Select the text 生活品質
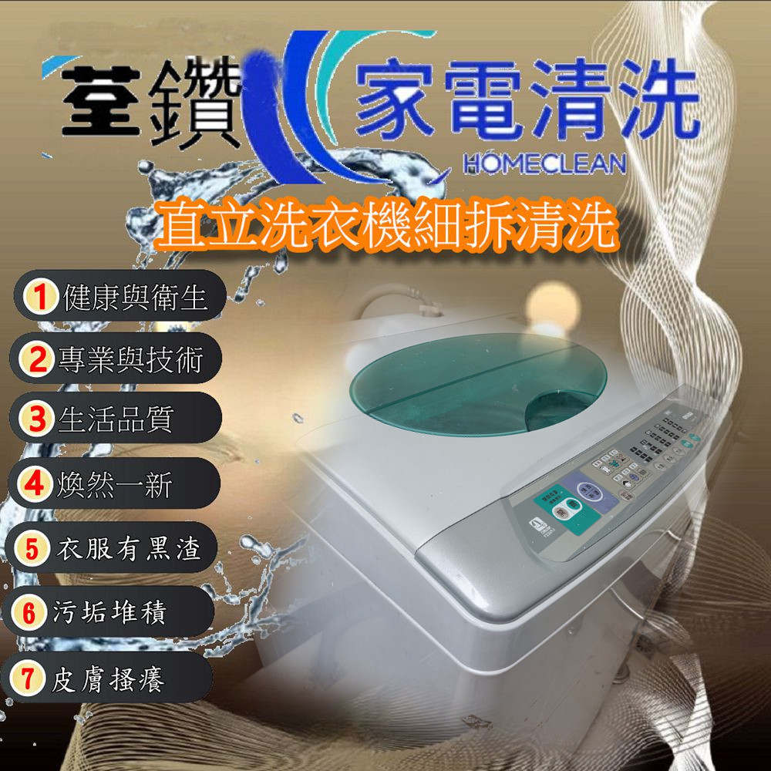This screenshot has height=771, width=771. (x=116, y=420)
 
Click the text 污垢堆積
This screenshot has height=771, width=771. (x=109, y=614)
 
